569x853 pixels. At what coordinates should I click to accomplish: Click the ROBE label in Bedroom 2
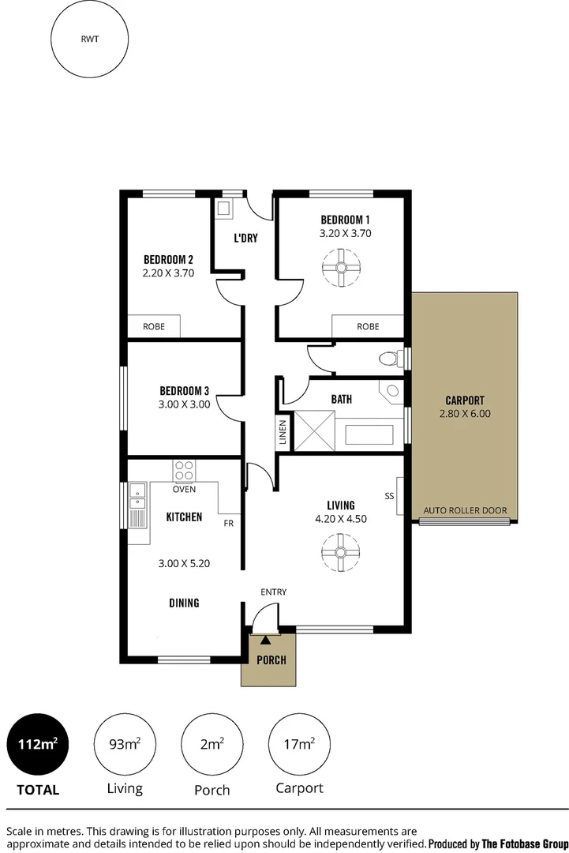tap(154, 326)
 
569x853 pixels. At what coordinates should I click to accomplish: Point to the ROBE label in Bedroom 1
tap(368, 326)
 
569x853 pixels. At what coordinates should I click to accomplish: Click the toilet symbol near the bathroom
tap(388, 359)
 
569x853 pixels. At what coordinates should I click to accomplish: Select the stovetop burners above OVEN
tap(184, 471)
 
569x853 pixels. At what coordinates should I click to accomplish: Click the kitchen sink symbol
tap(138, 505)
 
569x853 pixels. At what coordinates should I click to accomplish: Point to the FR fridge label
tap(228, 523)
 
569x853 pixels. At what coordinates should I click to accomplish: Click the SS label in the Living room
tap(389, 496)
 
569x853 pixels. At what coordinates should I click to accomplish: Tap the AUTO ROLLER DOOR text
tap(465, 510)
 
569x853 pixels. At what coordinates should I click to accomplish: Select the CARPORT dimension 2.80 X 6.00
tap(465, 413)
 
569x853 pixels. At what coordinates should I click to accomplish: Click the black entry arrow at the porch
tap(267, 640)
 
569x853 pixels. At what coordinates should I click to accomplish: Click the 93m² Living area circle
tap(125, 745)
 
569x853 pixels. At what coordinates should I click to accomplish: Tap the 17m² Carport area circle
tap(299, 745)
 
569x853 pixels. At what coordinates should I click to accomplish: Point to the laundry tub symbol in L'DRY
tap(224, 209)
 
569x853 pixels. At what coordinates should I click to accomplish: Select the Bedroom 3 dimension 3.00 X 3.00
tap(184, 404)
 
